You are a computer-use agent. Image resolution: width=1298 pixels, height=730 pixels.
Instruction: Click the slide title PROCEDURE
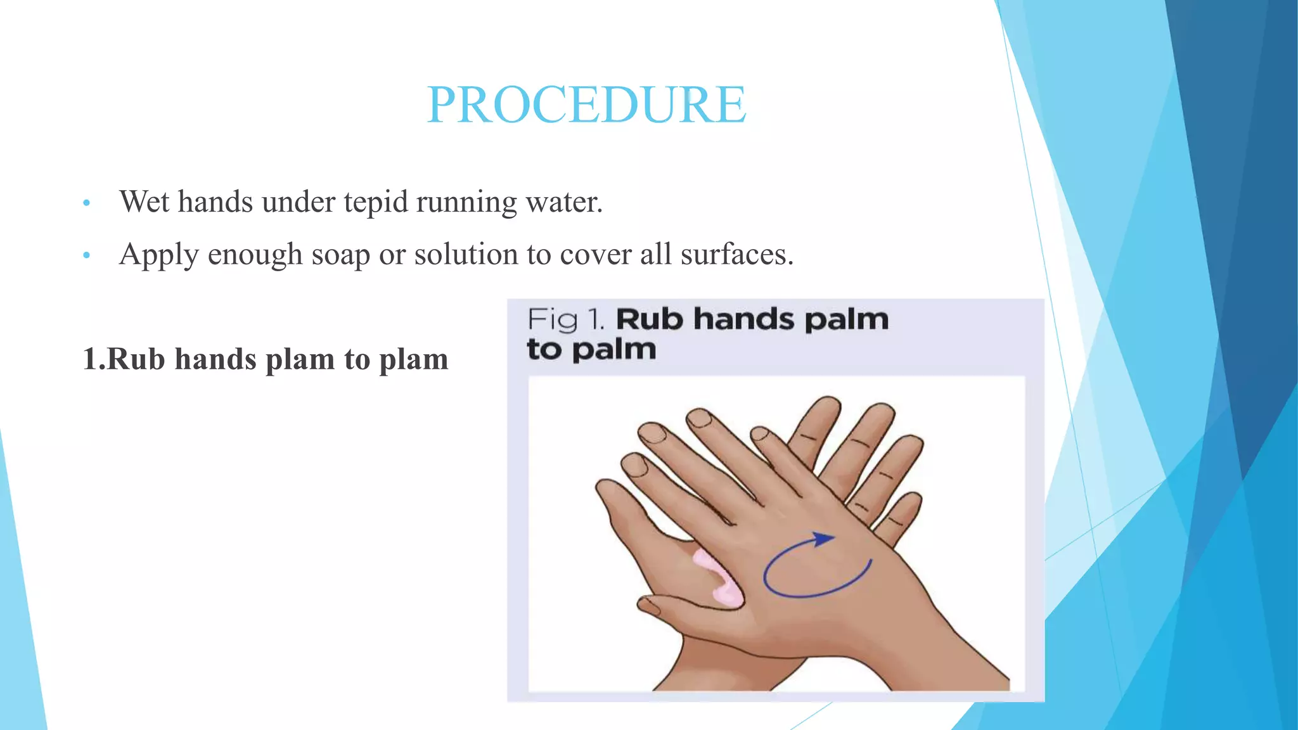586,105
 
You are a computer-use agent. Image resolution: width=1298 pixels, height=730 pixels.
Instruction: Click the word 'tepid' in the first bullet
376,202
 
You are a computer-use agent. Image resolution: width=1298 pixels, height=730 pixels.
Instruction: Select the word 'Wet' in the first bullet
145,202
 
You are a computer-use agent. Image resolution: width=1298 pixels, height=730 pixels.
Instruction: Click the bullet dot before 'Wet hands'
87,203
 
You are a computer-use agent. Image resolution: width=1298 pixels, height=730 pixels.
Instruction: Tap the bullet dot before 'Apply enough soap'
87,256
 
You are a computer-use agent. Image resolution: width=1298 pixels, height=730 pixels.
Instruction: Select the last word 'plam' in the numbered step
413,360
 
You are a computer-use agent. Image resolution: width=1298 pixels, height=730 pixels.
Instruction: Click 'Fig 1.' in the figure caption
565,319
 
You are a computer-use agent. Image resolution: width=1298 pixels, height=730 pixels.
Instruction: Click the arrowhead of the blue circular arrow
823,539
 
